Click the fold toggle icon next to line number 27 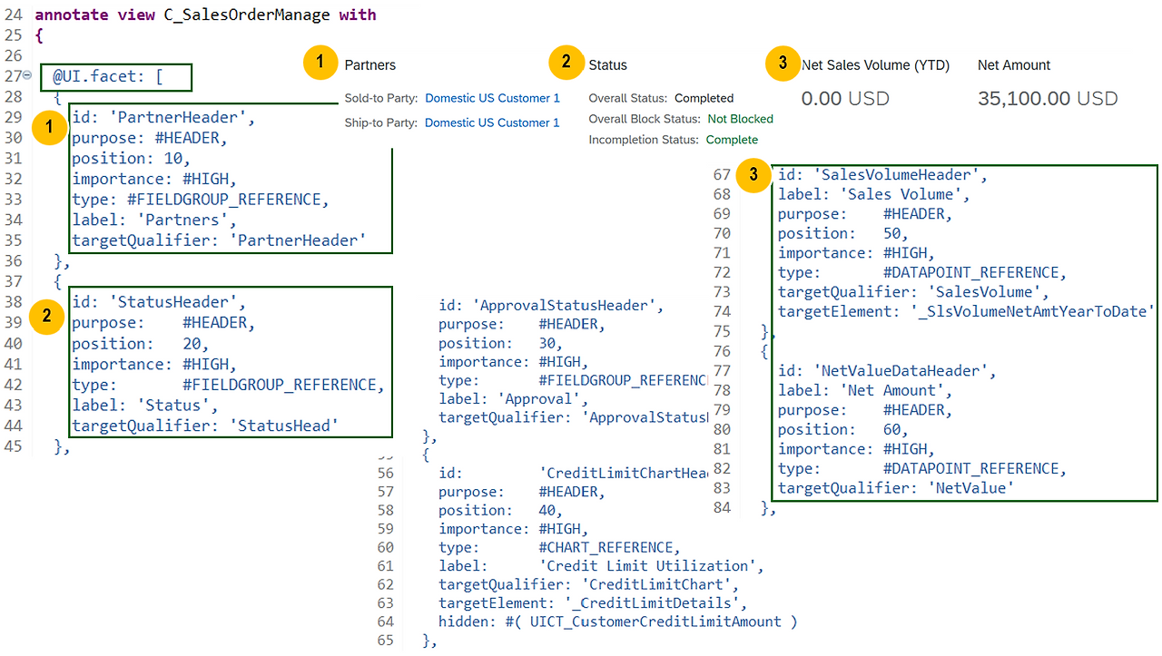27,76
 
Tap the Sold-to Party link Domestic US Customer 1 492,98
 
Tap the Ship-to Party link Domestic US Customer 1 492,122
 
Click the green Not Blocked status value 740,119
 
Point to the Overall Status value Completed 704,98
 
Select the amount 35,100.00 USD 1047,98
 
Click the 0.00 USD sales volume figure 844,98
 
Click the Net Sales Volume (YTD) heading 874,65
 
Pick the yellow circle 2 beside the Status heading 566,63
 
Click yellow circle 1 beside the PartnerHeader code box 48,129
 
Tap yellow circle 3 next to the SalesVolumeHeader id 753,176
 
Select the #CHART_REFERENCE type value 608,547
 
